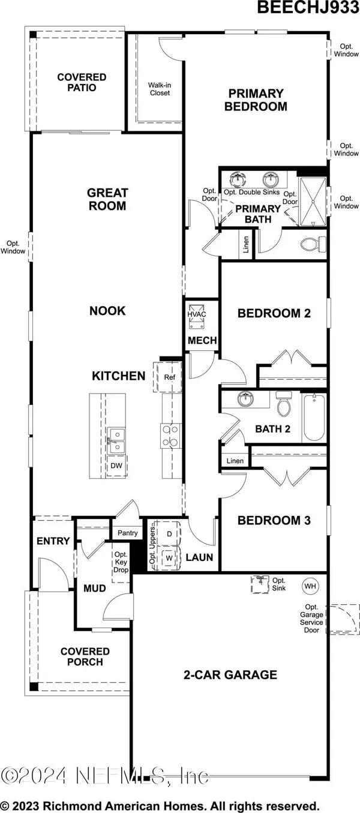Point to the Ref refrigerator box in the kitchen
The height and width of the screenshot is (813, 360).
coord(169,377)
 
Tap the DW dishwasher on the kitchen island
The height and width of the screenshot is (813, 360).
coord(115,466)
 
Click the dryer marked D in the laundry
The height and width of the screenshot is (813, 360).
coord(169,533)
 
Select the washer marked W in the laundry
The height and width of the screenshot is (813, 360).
coord(169,558)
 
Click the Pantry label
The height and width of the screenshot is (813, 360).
coord(128,533)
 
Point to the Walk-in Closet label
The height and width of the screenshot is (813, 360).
coord(160,89)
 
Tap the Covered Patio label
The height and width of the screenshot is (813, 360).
coord(82,83)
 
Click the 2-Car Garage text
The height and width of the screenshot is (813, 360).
coord(230,675)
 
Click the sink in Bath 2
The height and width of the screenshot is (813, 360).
coord(244,400)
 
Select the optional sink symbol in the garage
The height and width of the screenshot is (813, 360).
coord(260,583)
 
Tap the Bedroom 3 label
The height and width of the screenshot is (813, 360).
coord(274,520)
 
